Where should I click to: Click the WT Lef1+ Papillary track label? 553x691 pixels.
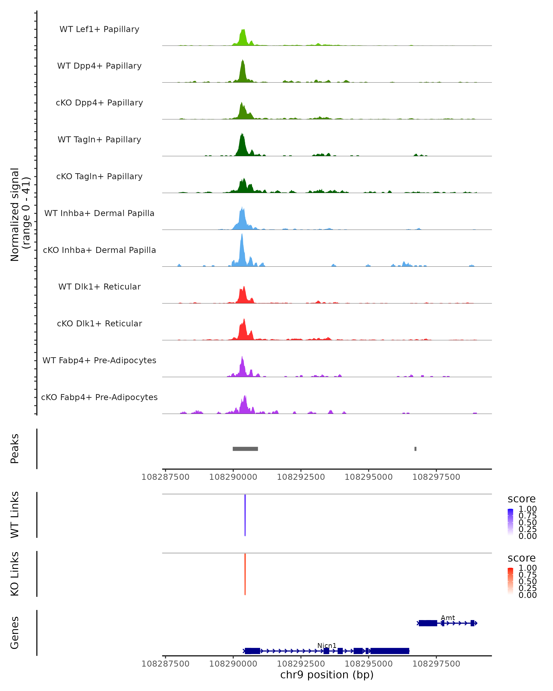pos(99,29)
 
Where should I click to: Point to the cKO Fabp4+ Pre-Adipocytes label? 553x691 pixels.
pos(99,397)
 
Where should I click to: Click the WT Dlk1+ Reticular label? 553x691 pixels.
pos(99,287)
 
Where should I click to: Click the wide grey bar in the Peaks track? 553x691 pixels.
pos(245,449)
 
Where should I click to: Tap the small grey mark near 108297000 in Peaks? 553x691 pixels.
pos(415,449)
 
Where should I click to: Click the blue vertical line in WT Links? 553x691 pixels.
pos(245,515)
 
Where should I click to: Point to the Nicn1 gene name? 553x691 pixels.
pos(327,645)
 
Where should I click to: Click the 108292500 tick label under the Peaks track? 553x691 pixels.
pos(301,477)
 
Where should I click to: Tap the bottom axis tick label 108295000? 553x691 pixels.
pos(368,664)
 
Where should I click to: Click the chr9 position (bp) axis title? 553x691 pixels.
pos(327,675)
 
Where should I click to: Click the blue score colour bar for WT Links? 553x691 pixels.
pos(510,522)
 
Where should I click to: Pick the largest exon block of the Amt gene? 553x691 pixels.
pos(428,623)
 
